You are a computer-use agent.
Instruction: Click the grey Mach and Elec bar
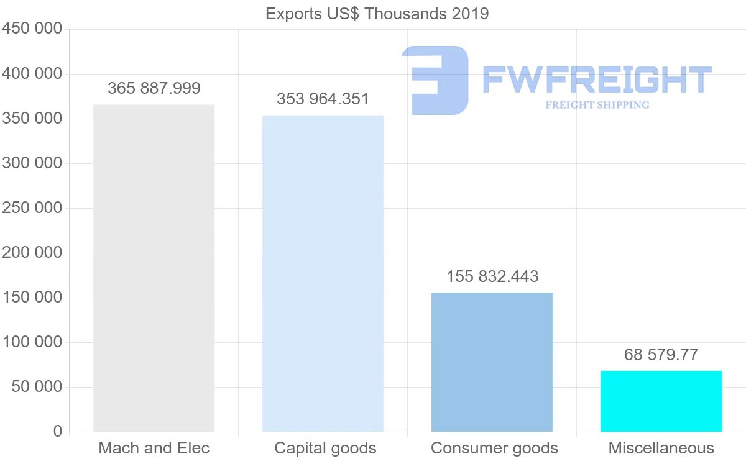click(154, 268)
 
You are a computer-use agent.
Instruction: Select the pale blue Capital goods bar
click(323, 273)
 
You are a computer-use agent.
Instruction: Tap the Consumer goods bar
click(492, 362)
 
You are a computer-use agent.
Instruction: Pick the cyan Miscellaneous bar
click(661, 401)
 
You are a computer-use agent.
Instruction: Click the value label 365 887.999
click(154, 88)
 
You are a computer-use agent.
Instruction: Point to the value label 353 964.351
click(323, 99)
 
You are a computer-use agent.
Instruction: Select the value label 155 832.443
click(492, 276)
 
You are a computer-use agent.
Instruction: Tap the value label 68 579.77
click(661, 355)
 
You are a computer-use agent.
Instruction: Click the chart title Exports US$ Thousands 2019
click(377, 14)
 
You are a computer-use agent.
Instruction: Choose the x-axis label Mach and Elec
click(154, 448)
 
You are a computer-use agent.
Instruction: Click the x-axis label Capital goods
click(325, 448)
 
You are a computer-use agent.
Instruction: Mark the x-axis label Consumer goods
click(494, 448)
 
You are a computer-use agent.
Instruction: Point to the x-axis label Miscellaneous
click(661, 448)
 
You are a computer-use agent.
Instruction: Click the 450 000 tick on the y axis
click(32, 29)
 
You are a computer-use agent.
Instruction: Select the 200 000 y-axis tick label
click(32, 252)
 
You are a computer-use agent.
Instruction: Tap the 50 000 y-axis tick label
click(37, 386)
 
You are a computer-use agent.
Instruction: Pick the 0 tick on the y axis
click(58, 431)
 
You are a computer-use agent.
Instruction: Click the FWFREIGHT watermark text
click(597, 80)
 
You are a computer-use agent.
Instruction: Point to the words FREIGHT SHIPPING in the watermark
click(597, 105)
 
